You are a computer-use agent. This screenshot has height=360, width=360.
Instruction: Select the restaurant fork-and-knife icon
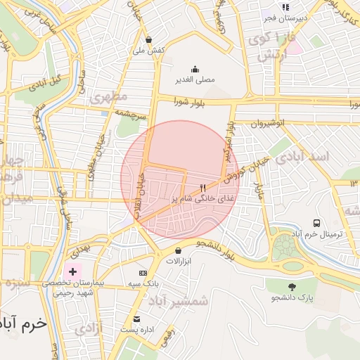click(x=202, y=188)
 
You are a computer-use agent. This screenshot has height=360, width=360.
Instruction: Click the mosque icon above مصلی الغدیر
click(x=195, y=69)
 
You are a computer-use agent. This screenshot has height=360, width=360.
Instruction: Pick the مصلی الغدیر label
click(x=195, y=80)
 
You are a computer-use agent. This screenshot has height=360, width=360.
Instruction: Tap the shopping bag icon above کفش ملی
click(x=148, y=39)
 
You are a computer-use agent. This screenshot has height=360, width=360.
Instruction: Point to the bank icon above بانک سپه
click(x=143, y=273)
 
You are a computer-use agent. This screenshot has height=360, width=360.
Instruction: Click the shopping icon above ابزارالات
click(x=177, y=250)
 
